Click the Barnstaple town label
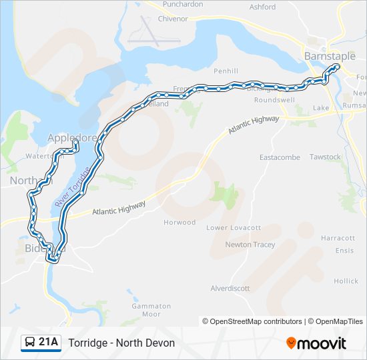pyautogui.click(x=330, y=56)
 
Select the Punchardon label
pyautogui.click(x=182, y=4)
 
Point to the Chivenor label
pyautogui.click(x=173, y=19)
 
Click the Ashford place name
pyautogui.click(x=262, y=7)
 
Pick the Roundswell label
pyautogui.click(x=274, y=100)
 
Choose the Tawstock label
pyautogui.click(x=325, y=157)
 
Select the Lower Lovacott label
pyautogui.click(x=234, y=228)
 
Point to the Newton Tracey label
pyautogui.click(x=250, y=245)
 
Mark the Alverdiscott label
pyautogui.click(x=230, y=289)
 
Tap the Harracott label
pyautogui.click(x=338, y=238)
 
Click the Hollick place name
pyautogui.click(x=346, y=281)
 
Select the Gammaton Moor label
pyautogui.click(x=151, y=310)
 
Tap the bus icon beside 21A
pyautogui.click(x=30, y=343)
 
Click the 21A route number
pyautogui.click(x=48, y=343)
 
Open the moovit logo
pyautogui.click(x=316, y=343)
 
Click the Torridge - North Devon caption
pyautogui.click(x=121, y=343)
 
